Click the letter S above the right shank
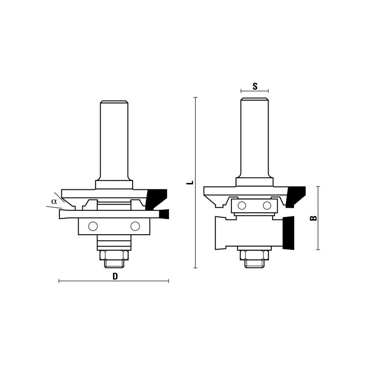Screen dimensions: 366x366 click(x=255, y=86)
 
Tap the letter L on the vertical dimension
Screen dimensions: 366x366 click(x=190, y=182)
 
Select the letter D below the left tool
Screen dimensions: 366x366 click(x=115, y=276)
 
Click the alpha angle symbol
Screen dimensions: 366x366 click(x=54, y=201)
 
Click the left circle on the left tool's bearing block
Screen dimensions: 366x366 click(x=93, y=226)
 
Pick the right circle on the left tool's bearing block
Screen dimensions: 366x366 click(x=135, y=226)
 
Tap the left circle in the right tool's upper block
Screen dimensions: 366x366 click(x=242, y=205)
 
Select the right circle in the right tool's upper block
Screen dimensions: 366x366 click(x=267, y=205)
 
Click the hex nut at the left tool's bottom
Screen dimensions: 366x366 click(x=114, y=255)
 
